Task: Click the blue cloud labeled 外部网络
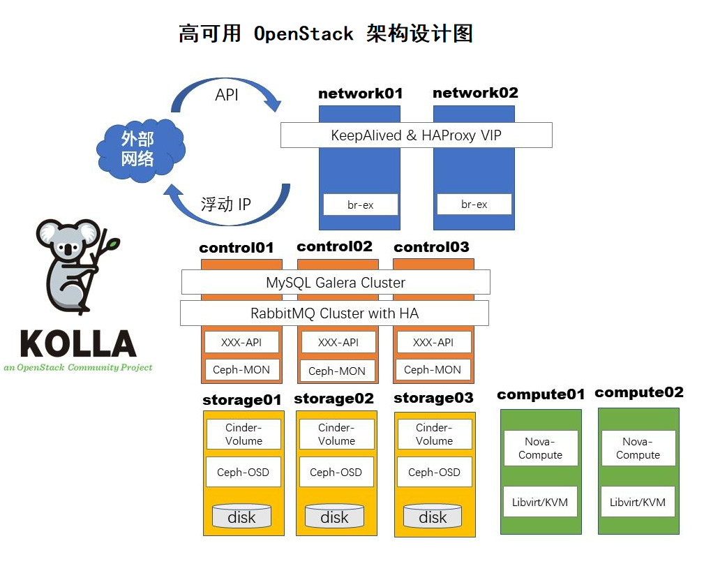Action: pyautogui.click(x=140, y=149)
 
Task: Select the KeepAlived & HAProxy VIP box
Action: pyautogui.click(x=416, y=135)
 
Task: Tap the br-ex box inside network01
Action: pyautogui.click(x=360, y=205)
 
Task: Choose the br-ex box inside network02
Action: pyautogui.click(x=474, y=204)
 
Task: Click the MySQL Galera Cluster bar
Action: pyautogui.click(x=336, y=283)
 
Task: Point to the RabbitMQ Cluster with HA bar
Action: pyautogui.click(x=334, y=313)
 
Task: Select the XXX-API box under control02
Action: pyautogui.click(x=338, y=342)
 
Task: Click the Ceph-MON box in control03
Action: pyautogui.click(x=433, y=370)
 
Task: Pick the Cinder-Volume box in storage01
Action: pyautogui.click(x=244, y=434)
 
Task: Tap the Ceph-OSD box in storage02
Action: pyautogui.click(x=336, y=473)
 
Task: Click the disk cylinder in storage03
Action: pyautogui.click(x=433, y=517)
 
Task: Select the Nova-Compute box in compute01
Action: pyautogui.click(x=540, y=448)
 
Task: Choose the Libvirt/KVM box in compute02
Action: pyautogui.click(x=638, y=502)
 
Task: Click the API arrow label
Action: pyautogui.click(x=227, y=96)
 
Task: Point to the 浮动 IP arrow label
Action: pyautogui.click(x=225, y=205)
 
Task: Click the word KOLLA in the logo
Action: pyautogui.click(x=77, y=344)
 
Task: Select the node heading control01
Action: pyautogui.click(x=237, y=248)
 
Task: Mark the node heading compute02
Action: pyautogui.click(x=639, y=392)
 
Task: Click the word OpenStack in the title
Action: pyautogui.click(x=304, y=34)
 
